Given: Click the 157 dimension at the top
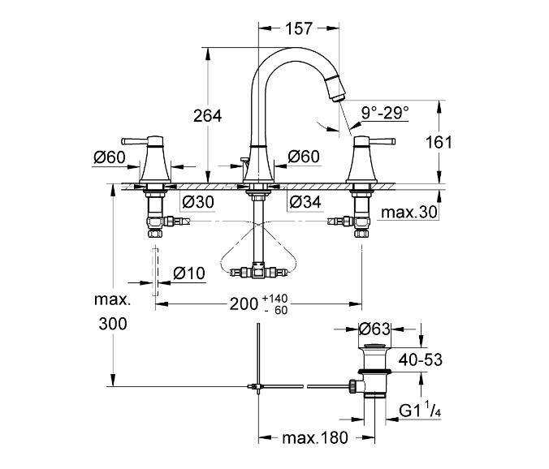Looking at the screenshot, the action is (298, 28).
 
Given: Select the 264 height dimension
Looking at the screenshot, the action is (208, 116).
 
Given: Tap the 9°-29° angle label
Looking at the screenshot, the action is (385, 113).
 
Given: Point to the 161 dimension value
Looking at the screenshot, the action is (439, 142).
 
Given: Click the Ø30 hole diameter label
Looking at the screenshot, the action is (198, 202).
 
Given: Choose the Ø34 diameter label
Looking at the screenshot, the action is (305, 202).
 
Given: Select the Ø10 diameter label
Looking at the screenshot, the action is (189, 273).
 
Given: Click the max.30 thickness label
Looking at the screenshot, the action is (409, 213).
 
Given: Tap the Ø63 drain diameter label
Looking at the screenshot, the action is (374, 329).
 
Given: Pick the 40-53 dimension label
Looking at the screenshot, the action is (421, 360).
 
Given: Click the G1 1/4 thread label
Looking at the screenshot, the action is (420, 410).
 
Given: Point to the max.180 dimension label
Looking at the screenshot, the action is (315, 437).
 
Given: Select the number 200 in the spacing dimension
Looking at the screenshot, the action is (244, 304).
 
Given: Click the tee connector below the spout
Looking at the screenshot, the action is (259, 270).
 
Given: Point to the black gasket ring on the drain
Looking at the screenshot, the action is (374, 371).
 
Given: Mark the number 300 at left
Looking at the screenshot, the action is (113, 325).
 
